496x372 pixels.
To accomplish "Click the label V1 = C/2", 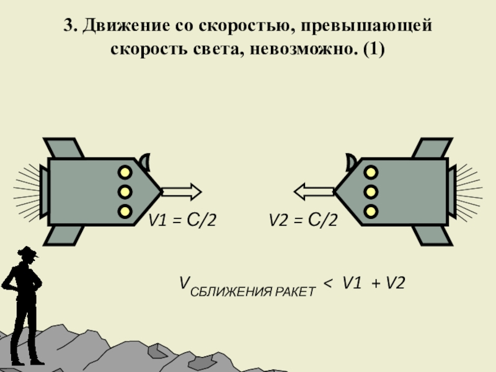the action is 181,219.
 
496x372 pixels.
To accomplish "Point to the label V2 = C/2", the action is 303,219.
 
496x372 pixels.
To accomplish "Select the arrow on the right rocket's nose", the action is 314,191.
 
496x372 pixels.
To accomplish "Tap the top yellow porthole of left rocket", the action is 125,171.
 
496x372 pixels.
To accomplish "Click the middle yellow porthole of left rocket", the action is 125,191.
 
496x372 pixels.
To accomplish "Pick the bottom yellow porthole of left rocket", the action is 125,211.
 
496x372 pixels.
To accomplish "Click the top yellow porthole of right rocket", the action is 371,171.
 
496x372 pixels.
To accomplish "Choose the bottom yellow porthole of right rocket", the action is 371,211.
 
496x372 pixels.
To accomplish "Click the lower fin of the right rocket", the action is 430,234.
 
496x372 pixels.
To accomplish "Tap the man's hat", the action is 27,252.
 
